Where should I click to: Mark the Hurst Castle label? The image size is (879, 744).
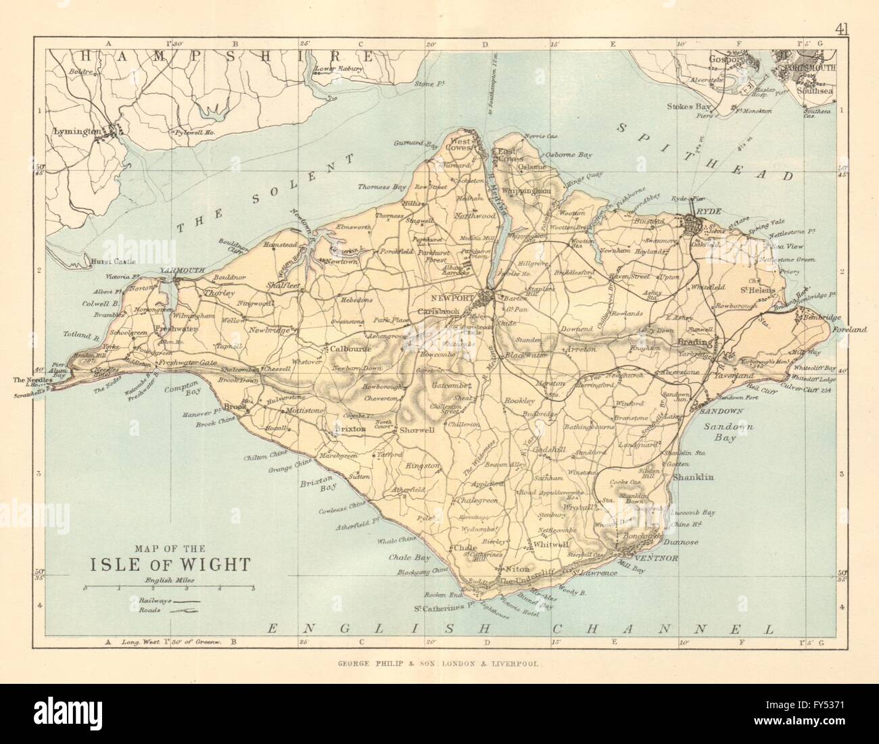click(x=116, y=261)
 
